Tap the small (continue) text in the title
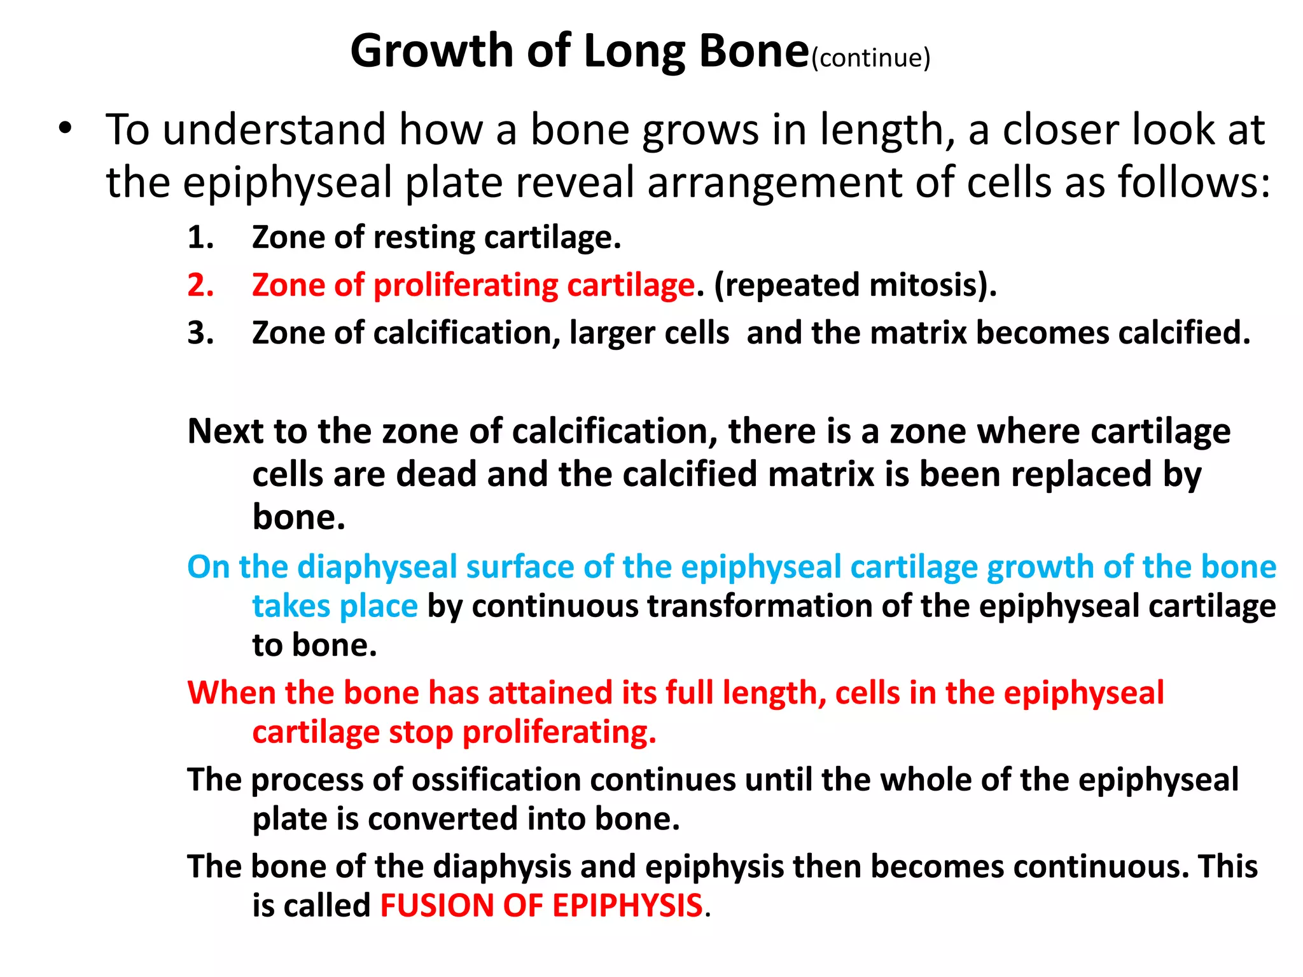[871, 58]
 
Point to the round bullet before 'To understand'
[64, 128]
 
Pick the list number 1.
[200, 238]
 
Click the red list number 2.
[200, 285]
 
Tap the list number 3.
[200, 333]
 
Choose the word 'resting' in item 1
[424, 238]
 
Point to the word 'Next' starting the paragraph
[226, 431]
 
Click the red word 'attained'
[550, 693]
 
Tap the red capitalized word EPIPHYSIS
[627, 906]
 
